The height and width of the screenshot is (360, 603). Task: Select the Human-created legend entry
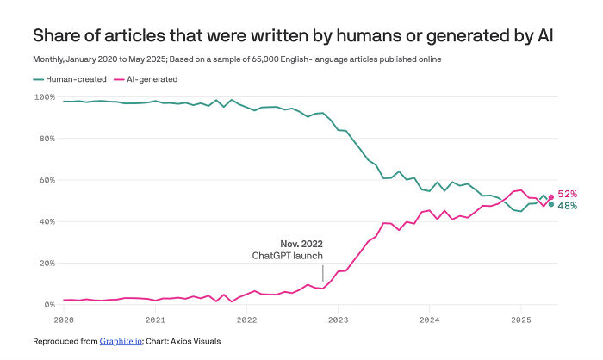coord(69,79)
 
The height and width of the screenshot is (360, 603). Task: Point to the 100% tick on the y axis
coord(44,96)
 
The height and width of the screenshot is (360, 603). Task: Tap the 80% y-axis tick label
coord(47,138)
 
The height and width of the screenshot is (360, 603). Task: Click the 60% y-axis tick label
coord(47,180)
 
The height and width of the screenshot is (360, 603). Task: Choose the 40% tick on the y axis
coord(47,221)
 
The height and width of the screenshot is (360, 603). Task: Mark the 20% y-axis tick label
coord(47,264)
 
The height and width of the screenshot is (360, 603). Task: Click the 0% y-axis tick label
coord(49,305)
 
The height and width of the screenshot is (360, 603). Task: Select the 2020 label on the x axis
coord(64,320)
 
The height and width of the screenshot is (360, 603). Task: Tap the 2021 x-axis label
coord(155,320)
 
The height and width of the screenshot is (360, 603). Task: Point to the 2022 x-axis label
coord(246,320)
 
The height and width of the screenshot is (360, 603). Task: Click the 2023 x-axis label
coord(338,320)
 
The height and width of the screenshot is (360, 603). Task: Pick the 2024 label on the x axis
coord(429,320)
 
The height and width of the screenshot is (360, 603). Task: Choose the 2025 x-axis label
coord(520,320)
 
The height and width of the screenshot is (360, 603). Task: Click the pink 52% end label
coord(567,195)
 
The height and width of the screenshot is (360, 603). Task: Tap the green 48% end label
coord(567,206)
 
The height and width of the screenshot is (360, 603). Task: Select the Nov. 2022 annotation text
coord(301,244)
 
